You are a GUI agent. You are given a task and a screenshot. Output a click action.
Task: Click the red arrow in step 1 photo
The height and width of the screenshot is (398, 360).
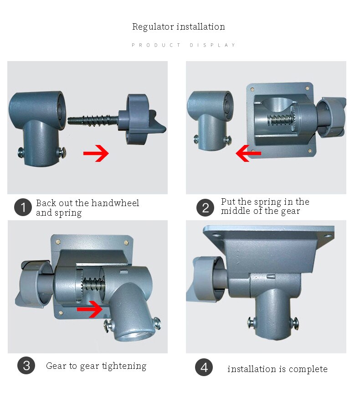[x=96, y=153]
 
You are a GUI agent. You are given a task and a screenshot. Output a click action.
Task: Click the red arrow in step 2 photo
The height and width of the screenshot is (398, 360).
[x=248, y=153]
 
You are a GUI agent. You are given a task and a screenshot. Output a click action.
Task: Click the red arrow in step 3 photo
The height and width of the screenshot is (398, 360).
[x=90, y=309]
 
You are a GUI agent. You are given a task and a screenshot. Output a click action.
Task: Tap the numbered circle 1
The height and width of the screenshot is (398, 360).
[x=23, y=207]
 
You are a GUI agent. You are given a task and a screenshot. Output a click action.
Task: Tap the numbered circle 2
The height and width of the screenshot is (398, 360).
[x=206, y=207]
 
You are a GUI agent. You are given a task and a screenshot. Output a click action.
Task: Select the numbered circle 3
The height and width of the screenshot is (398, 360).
[x=26, y=366]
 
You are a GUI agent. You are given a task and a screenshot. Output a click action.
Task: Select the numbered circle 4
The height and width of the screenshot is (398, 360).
[x=204, y=367]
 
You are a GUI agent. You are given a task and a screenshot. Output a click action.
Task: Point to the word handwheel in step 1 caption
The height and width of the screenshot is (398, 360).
[x=115, y=203]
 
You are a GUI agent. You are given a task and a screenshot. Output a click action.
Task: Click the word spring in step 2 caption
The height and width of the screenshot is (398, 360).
[x=267, y=202]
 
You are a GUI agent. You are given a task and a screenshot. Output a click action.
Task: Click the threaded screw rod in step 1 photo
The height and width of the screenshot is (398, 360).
[x=93, y=119]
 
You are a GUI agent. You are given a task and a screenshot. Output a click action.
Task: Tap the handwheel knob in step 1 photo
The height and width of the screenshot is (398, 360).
[x=140, y=119]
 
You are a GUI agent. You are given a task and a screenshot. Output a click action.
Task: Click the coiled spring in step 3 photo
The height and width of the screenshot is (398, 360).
[x=93, y=283]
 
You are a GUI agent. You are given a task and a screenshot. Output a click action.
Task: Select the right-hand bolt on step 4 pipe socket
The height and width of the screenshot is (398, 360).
[x=294, y=323]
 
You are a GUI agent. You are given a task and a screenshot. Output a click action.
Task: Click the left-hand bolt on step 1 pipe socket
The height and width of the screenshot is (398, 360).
[x=21, y=153]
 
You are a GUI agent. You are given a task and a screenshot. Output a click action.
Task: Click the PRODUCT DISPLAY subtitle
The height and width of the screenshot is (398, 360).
[x=183, y=45]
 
